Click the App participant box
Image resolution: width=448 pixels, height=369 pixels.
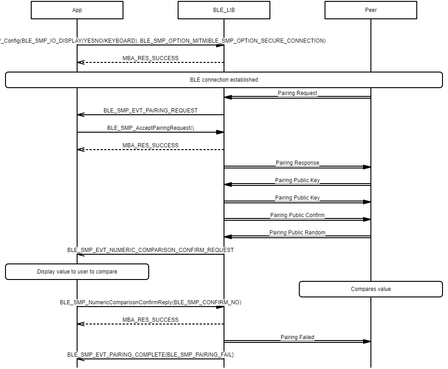77,10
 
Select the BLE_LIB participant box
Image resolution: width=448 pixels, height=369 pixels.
224,10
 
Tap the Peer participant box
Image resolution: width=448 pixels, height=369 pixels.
371,10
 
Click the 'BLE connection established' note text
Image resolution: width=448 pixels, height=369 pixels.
224,80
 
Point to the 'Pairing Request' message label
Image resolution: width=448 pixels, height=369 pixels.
297,93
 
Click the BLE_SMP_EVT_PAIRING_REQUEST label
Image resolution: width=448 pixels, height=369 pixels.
151,111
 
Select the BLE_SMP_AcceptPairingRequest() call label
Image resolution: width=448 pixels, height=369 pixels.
151,128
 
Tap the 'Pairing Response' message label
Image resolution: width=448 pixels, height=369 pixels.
297,163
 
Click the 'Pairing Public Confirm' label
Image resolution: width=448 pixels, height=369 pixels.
297,215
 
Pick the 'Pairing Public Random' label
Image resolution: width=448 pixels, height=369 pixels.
297,233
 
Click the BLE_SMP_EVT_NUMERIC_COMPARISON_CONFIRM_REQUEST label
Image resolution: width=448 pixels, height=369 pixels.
151,250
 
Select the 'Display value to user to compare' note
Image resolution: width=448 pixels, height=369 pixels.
77,272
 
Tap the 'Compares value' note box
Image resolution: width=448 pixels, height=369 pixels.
371,289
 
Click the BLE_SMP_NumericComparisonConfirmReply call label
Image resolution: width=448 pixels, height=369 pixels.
151,302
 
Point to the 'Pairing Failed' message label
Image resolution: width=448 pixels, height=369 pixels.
297,337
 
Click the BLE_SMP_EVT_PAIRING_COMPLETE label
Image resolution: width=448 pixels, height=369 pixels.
151,355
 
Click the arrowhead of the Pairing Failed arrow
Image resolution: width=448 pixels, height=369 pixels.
367,341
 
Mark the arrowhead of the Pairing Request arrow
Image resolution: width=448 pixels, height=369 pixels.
228,97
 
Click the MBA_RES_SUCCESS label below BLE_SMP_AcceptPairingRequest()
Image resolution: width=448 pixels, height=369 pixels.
151,145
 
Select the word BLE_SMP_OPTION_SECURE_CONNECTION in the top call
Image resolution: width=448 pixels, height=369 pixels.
267,41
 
